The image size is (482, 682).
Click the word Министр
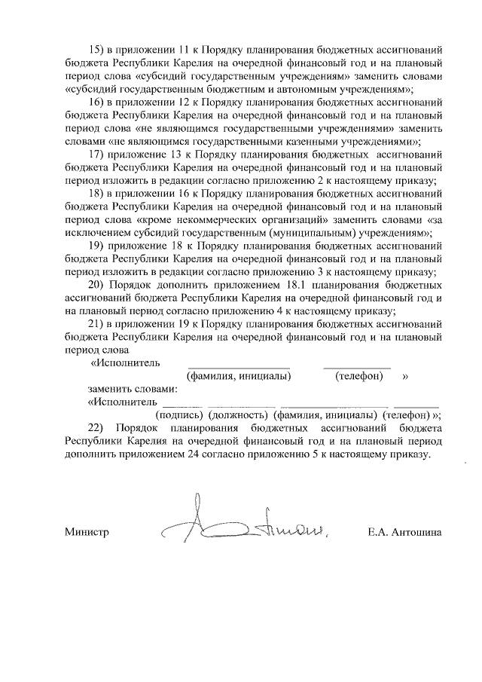point(87,532)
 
